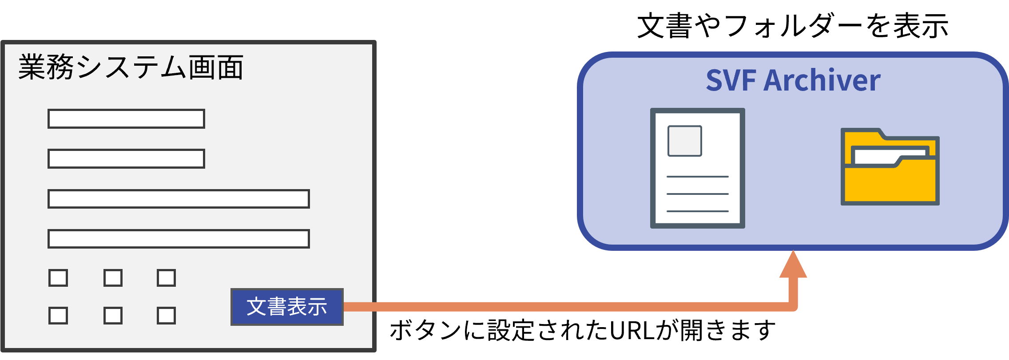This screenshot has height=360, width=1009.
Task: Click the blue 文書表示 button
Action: [x=287, y=307]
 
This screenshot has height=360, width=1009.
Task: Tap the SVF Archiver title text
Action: [x=793, y=80]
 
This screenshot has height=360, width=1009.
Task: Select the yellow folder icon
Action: [x=890, y=167]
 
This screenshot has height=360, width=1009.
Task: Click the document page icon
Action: [x=697, y=168]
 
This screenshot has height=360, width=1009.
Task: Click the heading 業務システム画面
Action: [x=131, y=67]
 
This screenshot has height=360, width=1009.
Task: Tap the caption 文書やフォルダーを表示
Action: [x=793, y=26]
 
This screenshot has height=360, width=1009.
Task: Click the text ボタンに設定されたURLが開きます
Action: [x=583, y=330]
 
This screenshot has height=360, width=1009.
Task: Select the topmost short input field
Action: [x=126, y=119]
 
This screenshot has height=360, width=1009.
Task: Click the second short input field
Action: [x=126, y=158]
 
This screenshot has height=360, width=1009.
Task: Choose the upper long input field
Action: [x=179, y=199]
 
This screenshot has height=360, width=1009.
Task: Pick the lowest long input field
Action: [x=179, y=239]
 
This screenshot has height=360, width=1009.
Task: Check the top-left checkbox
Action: [x=58, y=278]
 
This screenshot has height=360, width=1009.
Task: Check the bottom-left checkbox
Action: [x=58, y=316]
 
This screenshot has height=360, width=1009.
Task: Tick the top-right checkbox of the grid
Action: [x=166, y=278]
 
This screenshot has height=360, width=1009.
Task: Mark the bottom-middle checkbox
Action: [x=113, y=316]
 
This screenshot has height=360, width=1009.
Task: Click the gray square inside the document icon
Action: [x=685, y=141]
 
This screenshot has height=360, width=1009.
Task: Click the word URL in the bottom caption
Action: [x=632, y=330]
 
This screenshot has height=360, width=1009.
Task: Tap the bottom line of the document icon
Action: [x=698, y=211]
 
